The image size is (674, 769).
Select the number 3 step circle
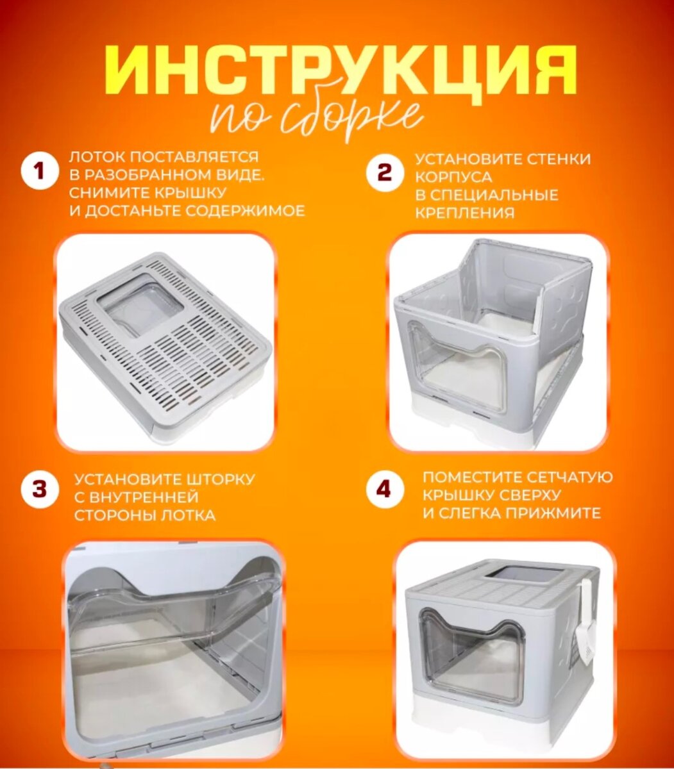tap(40, 489)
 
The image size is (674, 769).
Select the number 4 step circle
tap(383, 489)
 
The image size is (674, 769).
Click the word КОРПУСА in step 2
tap(453, 178)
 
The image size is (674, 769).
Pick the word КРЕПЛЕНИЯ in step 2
tap(464, 214)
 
